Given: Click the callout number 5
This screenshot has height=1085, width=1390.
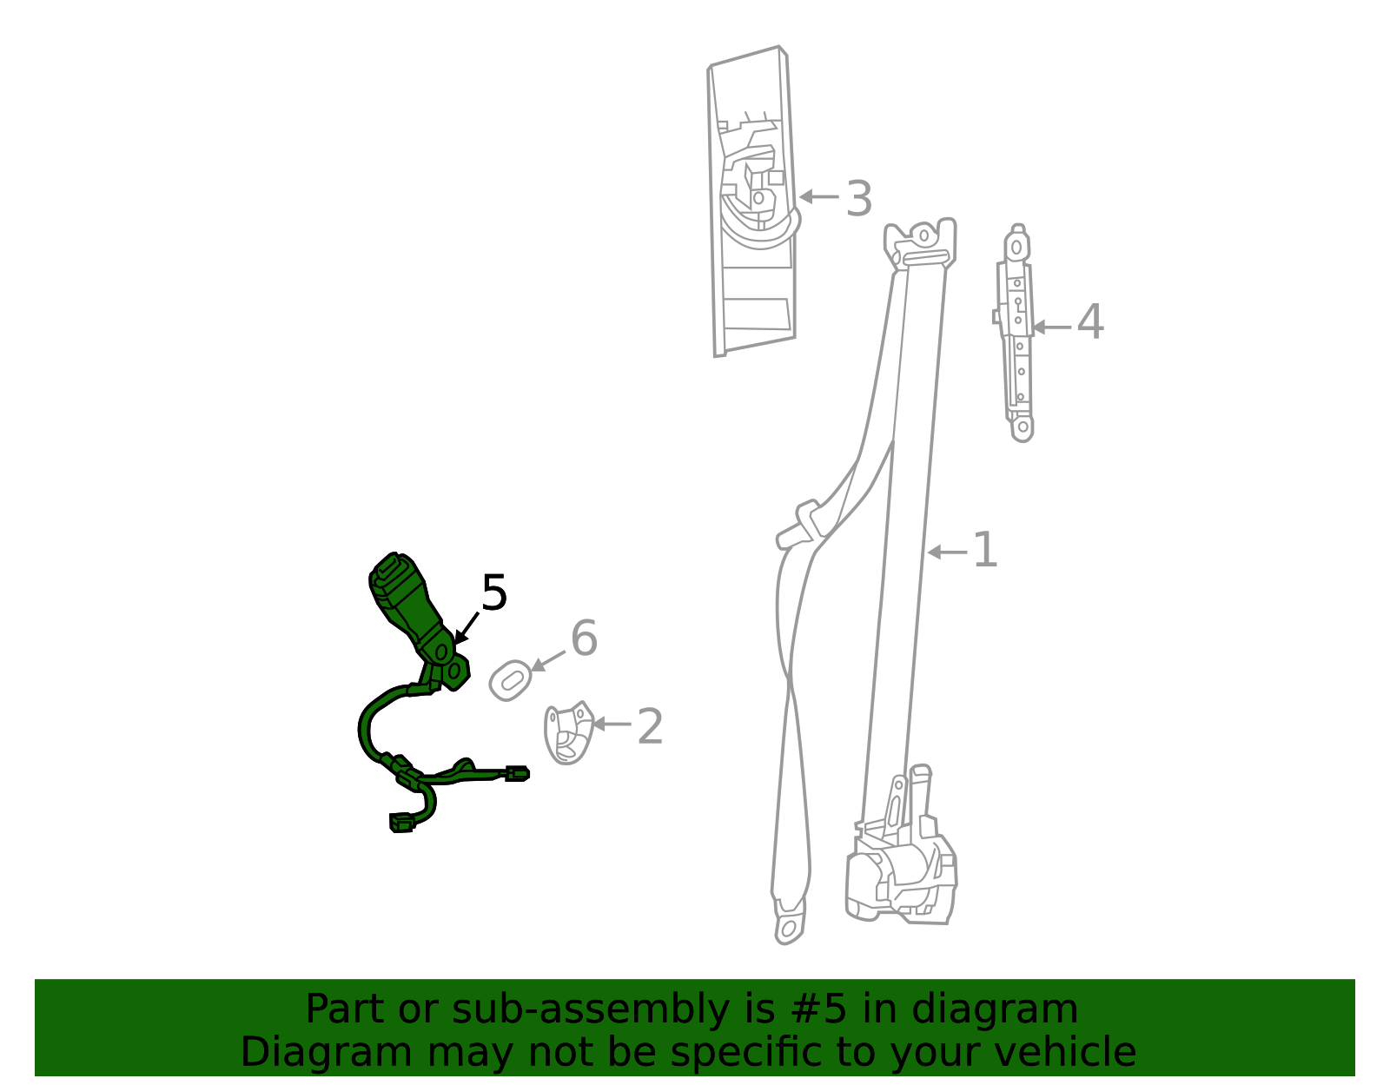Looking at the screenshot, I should click(493, 593).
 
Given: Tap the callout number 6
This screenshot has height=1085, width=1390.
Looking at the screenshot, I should click(584, 638).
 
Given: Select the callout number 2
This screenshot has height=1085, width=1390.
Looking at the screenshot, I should click(650, 726).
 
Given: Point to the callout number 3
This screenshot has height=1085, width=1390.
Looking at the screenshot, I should click(858, 199).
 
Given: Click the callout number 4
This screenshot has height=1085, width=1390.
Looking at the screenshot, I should click(1089, 322).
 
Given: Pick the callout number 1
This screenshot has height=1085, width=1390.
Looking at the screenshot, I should click(984, 550).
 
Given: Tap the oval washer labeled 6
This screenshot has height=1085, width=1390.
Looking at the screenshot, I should click(510, 679).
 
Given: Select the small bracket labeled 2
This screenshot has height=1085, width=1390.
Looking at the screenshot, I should click(566, 733).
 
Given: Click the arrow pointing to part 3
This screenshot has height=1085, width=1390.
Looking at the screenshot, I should click(818, 197).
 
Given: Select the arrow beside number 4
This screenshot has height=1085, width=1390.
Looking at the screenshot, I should click(1050, 327).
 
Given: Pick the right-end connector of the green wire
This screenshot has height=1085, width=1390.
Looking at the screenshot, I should click(517, 774).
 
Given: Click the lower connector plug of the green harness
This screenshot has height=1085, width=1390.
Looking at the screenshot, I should click(401, 822).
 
